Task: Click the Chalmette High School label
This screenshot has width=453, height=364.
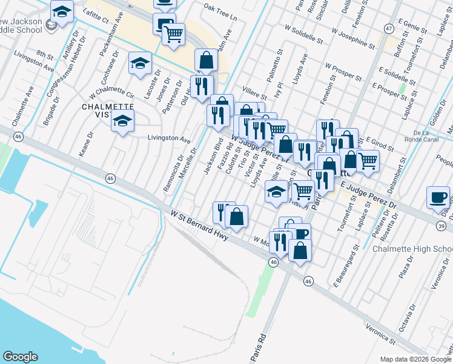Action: pyautogui.click(x=412, y=249)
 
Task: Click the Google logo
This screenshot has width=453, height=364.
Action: pyautogui.click(x=21, y=357)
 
